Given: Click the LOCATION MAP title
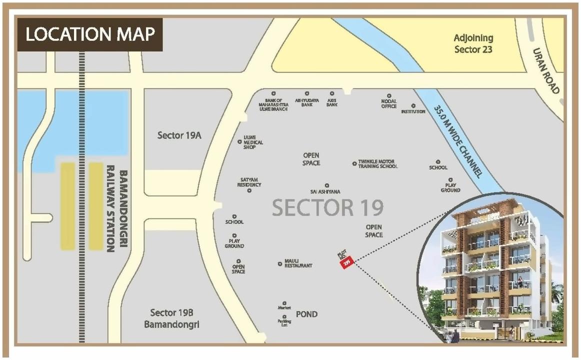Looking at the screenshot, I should pyautogui.click(x=90, y=34).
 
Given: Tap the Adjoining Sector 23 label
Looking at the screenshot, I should pyautogui.click(x=473, y=43).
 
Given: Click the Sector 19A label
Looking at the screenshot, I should pyautogui.click(x=179, y=135).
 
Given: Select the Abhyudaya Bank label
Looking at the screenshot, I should pyautogui.click(x=306, y=102).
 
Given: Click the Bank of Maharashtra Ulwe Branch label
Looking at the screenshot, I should pyautogui.click(x=273, y=104).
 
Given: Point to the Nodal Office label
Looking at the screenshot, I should pyautogui.click(x=388, y=103).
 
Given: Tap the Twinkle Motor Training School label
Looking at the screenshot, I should pyautogui.click(x=377, y=164).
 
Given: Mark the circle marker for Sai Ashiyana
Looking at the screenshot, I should pyautogui.click(x=327, y=185).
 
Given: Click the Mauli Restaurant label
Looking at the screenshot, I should pyautogui.click(x=298, y=263).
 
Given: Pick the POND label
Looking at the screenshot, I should pyautogui.click(x=306, y=314).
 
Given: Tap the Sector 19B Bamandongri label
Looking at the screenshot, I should pyautogui.click(x=171, y=318).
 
